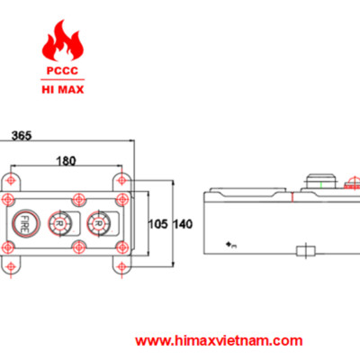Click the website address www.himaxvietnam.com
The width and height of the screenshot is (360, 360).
click(x=220, y=341)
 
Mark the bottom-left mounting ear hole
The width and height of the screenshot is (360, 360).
click(x=11, y=267)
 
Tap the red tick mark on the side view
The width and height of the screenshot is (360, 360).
click(x=292, y=196)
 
